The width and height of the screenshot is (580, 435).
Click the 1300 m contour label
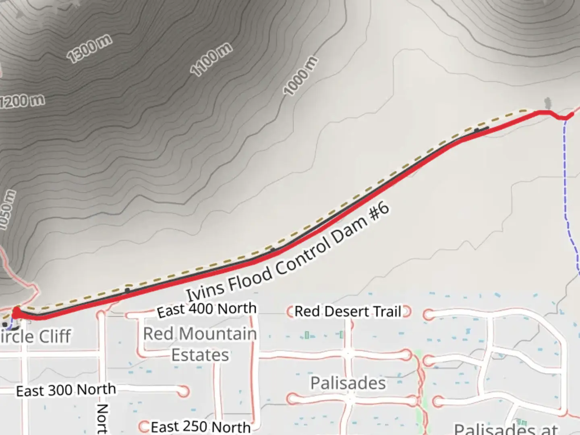click(89, 49)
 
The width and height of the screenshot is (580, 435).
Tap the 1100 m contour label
click(211, 60)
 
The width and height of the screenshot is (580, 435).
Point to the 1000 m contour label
click(300, 77)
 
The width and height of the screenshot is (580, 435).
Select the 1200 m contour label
click(22, 101)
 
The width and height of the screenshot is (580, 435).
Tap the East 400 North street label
click(207, 309)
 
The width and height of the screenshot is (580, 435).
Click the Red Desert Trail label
click(348, 311)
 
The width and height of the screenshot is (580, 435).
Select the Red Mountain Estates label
click(200, 344)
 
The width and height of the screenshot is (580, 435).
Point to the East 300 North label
click(66, 390)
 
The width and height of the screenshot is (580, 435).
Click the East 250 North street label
click(201, 427)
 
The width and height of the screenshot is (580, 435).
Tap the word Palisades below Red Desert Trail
click(348, 383)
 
